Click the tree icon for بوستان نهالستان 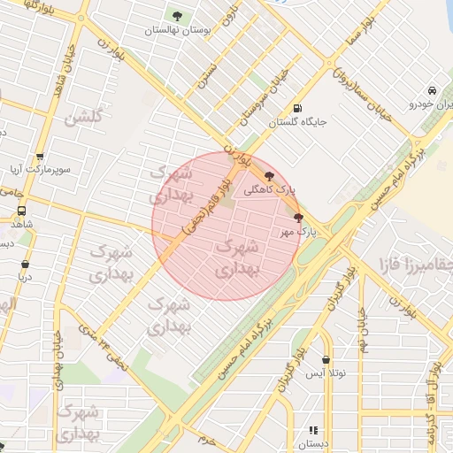pyautogui.click(x=178, y=16)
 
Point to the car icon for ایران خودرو pyautogui.click(x=431, y=91)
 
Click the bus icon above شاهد pyautogui.click(x=21, y=211)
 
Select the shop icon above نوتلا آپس pyautogui.click(x=327, y=360)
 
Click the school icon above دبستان pyautogui.click(x=311, y=429)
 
